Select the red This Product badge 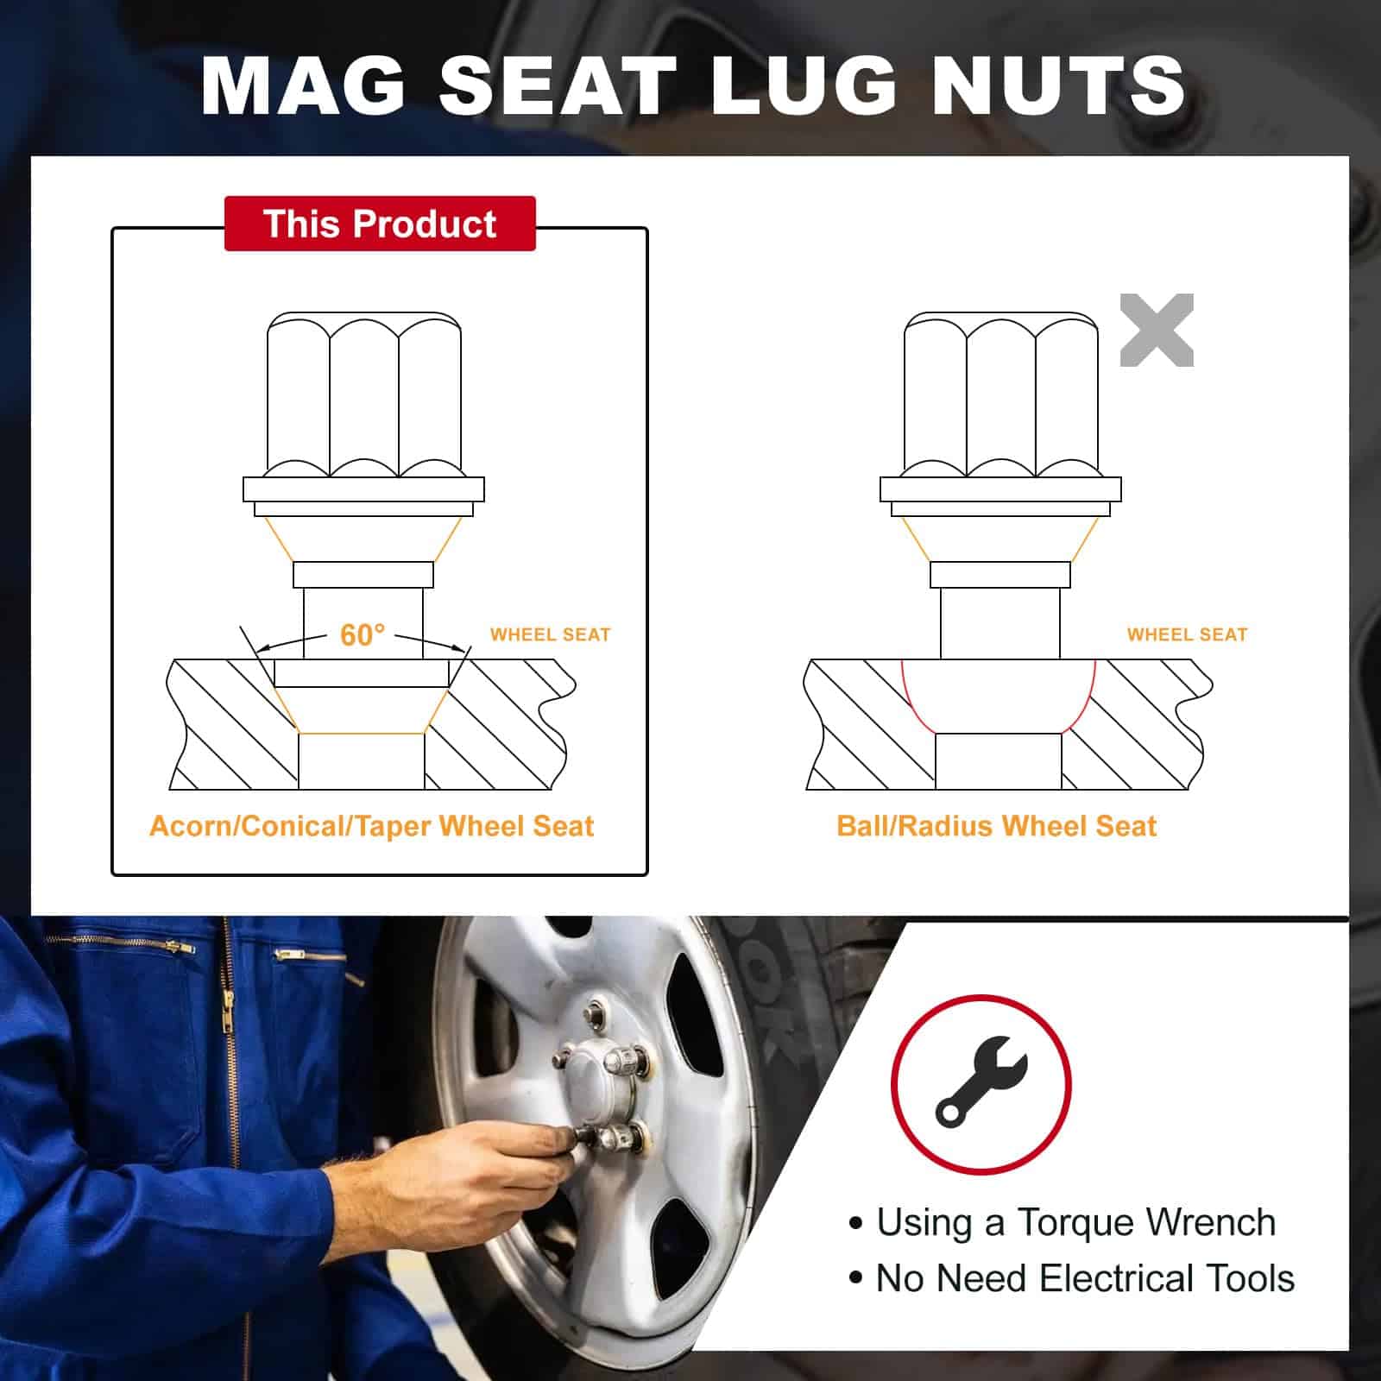click(x=380, y=224)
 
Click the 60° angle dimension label click(x=363, y=634)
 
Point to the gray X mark click(x=1157, y=330)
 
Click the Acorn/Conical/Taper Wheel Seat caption click(x=372, y=826)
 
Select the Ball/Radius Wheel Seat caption click(x=996, y=826)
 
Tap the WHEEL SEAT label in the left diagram click(x=550, y=634)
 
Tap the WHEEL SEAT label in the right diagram click(x=1187, y=634)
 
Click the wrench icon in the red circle click(x=981, y=1081)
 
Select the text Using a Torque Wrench click(x=1075, y=1222)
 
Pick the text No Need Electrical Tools click(x=1085, y=1278)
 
